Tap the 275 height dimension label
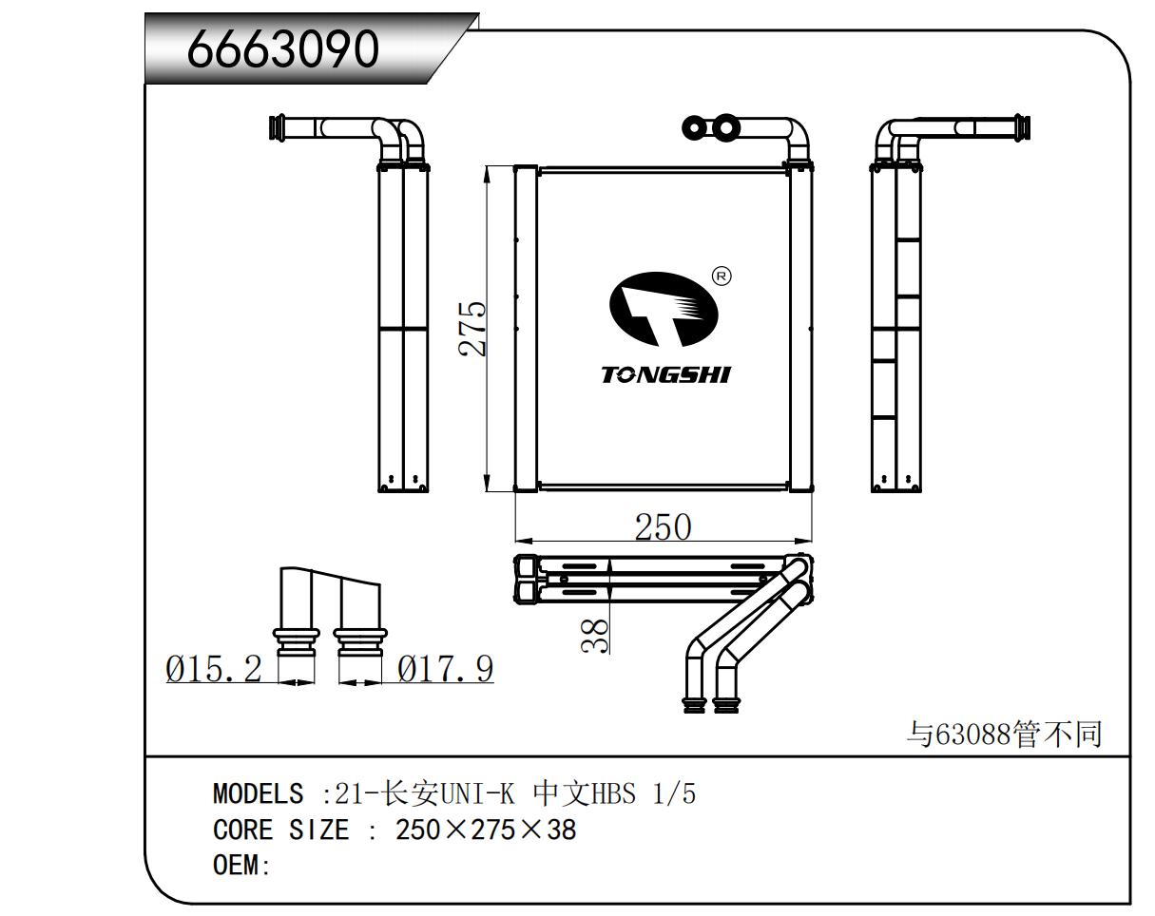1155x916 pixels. coord(472,329)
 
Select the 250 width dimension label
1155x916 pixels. coord(663,526)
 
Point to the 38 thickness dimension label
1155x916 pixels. coord(594,636)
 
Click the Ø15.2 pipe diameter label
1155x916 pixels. coord(213,669)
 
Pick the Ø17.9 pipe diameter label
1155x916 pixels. coord(446,669)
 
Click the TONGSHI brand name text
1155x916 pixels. coord(665,374)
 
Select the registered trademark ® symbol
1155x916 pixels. coord(722,277)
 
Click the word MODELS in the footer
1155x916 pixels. coord(258,792)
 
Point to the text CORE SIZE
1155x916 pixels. coord(280,830)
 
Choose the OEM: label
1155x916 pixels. coord(241,867)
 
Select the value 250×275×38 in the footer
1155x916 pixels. coord(486,830)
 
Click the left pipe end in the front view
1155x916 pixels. coord(692,127)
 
